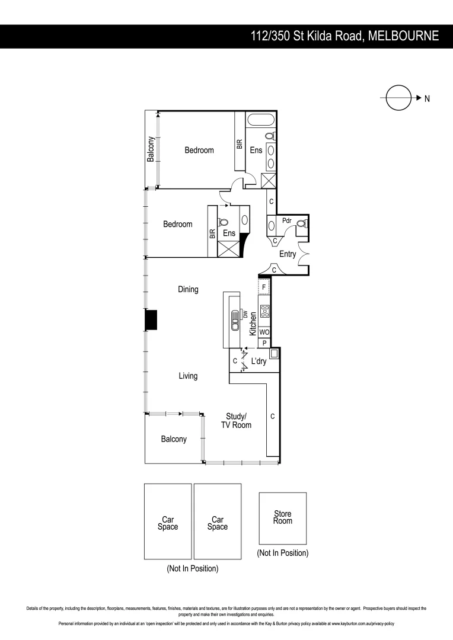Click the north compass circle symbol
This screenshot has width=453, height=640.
[398, 98]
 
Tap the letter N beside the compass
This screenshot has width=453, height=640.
[426, 98]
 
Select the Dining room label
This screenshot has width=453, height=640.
[188, 290]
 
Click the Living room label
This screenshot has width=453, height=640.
[188, 376]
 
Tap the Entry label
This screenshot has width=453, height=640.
[288, 254]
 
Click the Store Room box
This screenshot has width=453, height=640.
[283, 517]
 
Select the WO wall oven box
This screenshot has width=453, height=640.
[264, 332]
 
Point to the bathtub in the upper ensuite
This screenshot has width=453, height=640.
[260, 120]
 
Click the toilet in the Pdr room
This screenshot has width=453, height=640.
[302, 224]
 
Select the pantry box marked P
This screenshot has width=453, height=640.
[264, 343]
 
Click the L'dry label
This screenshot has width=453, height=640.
[259, 361]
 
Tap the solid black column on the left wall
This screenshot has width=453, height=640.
[151, 320]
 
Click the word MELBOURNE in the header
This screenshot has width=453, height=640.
[403, 36]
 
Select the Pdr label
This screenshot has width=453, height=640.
[287, 220]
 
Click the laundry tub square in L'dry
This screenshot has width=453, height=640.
[273, 354]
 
